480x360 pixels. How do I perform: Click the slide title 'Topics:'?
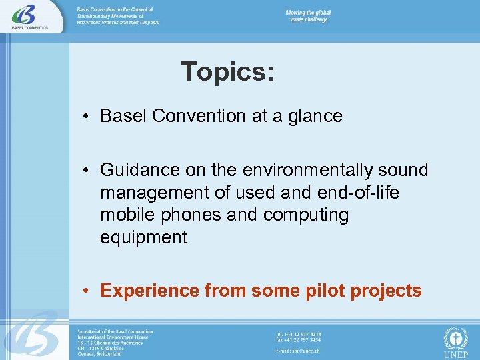(x=227, y=71)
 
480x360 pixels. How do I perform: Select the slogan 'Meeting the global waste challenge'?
(x=308, y=16)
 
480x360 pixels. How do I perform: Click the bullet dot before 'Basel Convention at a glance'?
(x=87, y=116)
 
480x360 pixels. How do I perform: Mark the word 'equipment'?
(x=143, y=238)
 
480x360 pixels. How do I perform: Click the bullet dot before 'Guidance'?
(x=87, y=170)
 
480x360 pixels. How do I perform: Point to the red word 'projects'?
(x=385, y=291)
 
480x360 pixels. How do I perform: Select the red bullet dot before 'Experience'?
(x=87, y=291)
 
